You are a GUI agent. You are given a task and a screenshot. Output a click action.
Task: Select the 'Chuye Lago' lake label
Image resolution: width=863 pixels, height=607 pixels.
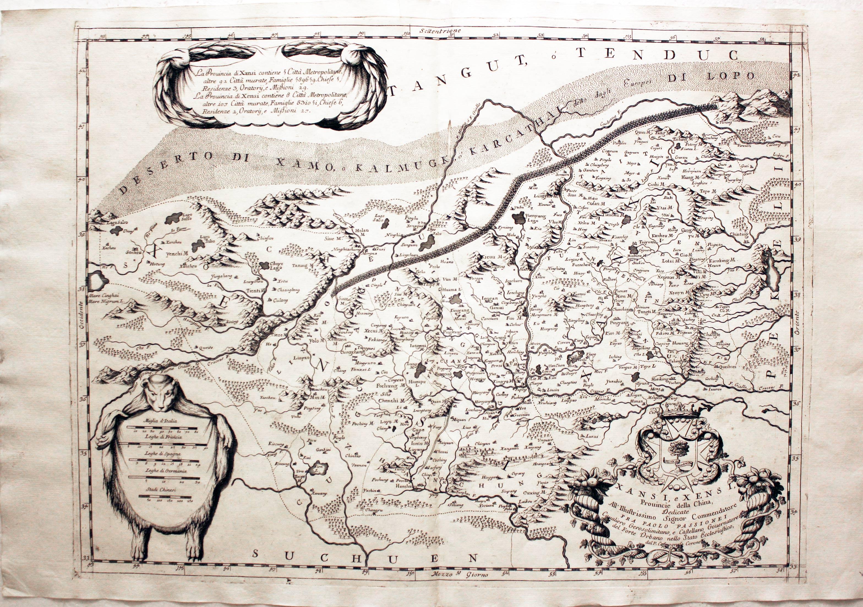(x=276, y=267)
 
